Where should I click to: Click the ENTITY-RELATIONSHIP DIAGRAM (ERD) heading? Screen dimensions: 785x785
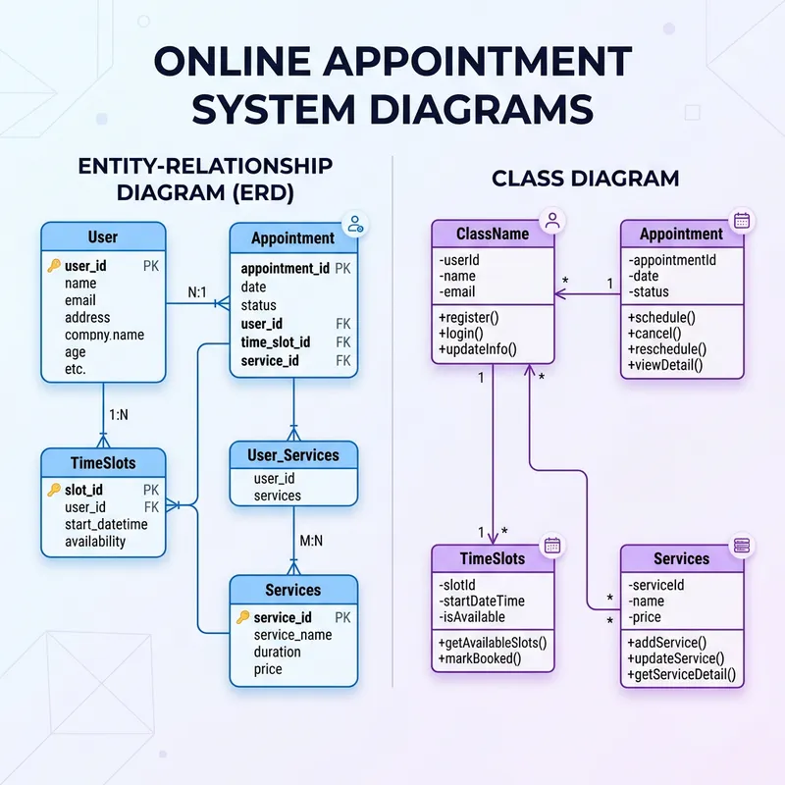click(x=205, y=179)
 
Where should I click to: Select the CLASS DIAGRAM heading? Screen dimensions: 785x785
click(x=585, y=179)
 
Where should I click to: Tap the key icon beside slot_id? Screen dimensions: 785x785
click(x=54, y=490)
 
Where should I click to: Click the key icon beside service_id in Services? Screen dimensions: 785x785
click(x=242, y=617)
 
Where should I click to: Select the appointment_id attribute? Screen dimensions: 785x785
click(x=285, y=268)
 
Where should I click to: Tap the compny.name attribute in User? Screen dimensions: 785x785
click(x=104, y=335)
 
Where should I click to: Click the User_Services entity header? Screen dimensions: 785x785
click(x=293, y=455)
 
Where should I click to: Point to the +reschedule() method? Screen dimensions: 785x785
click(x=667, y=348)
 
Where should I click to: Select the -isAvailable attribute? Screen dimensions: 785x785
click(x=473, y=617)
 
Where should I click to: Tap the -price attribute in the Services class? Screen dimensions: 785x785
click(x=646, y=617)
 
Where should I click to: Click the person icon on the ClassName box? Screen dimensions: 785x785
click(x=552, y=221)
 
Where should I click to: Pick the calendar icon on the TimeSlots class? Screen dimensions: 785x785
click(x=552, y=546)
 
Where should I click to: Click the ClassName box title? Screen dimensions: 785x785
click(x=493, y=235)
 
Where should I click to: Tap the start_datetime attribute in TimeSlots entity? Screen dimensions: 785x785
click(x=106, y=524)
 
